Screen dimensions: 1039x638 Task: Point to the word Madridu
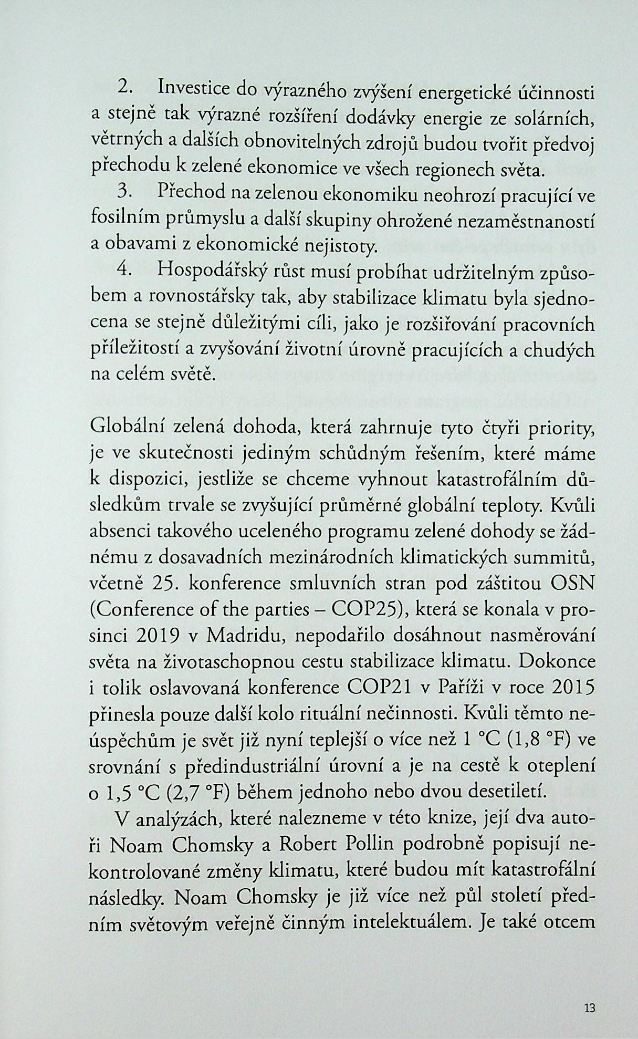tap(245, 635)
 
